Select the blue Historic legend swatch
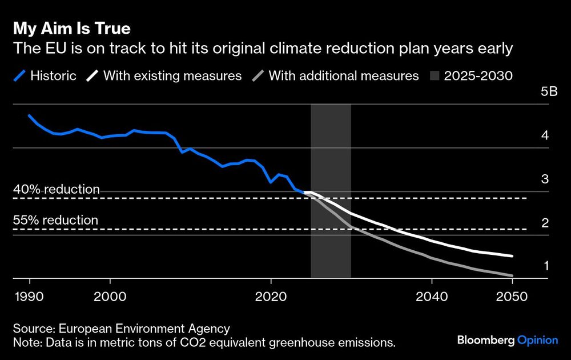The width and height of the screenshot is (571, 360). coord(21,75)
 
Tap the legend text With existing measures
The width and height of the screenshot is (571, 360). coord(172,75)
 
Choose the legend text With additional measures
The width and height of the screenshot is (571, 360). coord(344,75)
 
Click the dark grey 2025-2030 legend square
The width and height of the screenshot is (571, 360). coord(437,75)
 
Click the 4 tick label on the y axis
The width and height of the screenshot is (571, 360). coord(545,135)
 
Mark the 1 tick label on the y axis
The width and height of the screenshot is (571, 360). coord(545,266)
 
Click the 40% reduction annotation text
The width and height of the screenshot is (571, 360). coord(57,189)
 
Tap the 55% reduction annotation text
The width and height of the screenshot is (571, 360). coord(56,220)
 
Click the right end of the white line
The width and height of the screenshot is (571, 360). coord(512,256)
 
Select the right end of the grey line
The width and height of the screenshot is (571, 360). coord(512,275)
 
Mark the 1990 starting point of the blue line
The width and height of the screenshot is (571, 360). coord(29,115)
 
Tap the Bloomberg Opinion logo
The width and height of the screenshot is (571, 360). coord(507,340)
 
